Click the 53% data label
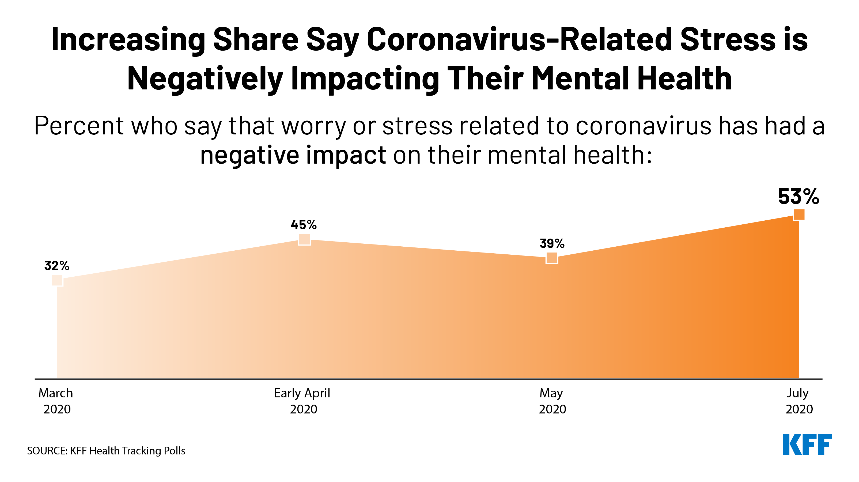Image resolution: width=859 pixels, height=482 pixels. [x=798, y=197]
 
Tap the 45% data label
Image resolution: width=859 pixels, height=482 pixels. [x=304, y=225]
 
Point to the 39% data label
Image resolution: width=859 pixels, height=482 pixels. [x=552, y=243]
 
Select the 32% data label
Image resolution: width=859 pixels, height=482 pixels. [x=57, y=266]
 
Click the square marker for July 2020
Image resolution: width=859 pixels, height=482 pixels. [x=799, y=214]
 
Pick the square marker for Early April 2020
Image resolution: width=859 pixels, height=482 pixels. [x=304, y=239]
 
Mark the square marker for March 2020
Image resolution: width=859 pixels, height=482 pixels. [x=57, y=280]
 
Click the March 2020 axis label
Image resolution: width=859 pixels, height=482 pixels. [x=56, y=401]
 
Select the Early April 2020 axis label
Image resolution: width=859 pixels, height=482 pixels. [x=302, y=401]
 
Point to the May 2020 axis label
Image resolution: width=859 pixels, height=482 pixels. [x=552, y=401]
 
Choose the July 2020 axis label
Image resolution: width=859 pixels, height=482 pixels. [x=799, y=401]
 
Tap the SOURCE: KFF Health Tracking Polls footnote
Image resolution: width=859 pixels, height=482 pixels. [x=106, y=451]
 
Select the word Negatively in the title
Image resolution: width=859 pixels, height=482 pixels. [x=205, y=79]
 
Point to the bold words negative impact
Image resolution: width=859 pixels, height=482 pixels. [x=293, y=155]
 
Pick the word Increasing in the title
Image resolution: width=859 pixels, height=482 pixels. [x=128, y=40]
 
